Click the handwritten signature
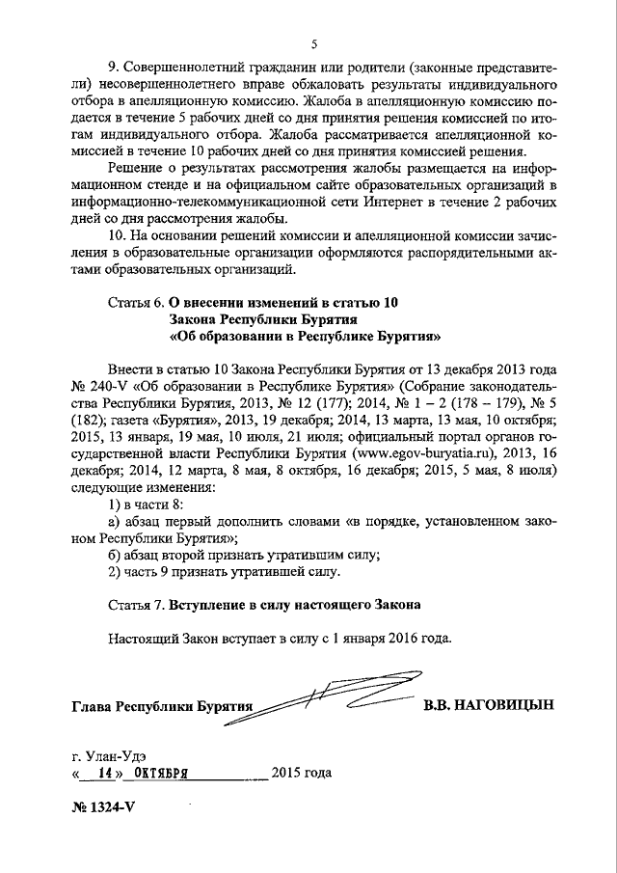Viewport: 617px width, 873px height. pos(328,698)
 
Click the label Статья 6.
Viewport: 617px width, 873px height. pos(130,302)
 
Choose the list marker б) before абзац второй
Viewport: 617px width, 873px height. pos(116,555)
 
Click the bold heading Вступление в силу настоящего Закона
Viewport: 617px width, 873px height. pos(294,606)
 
